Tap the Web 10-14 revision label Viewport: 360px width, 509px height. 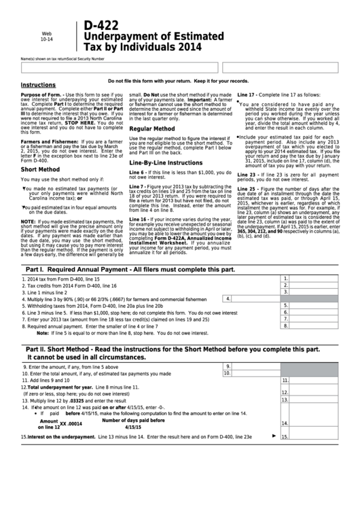pyautogui.click(x=47, y=36)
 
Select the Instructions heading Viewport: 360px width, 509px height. pyautogui.click(x=38, y=85)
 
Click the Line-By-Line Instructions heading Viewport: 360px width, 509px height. pyautogui.click(x=166, y=163)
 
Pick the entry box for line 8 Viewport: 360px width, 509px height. pyautogui.click(x=319, y=326)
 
